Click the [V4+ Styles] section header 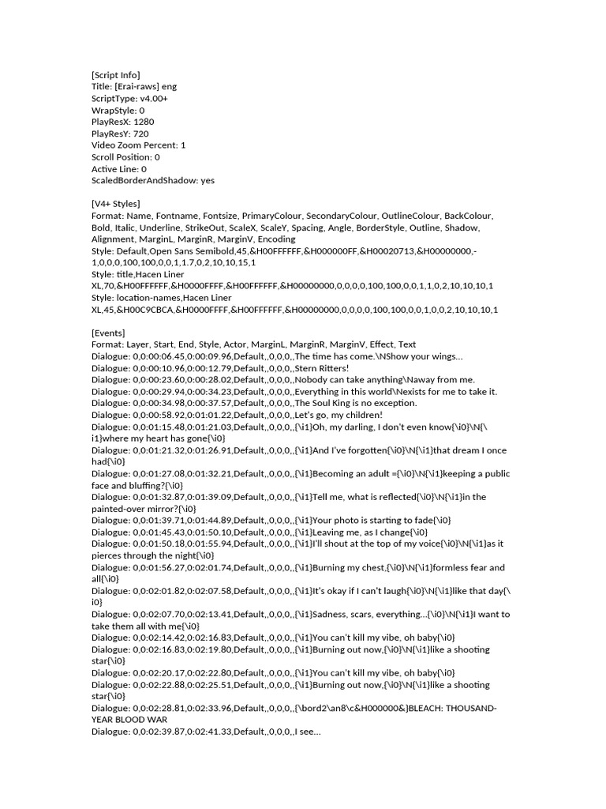[115, 204]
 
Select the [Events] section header [108, 333]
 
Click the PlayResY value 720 [141, 134]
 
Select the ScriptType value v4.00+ [153, 99]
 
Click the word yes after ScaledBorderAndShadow [208, 180]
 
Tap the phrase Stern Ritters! [321, 368]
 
